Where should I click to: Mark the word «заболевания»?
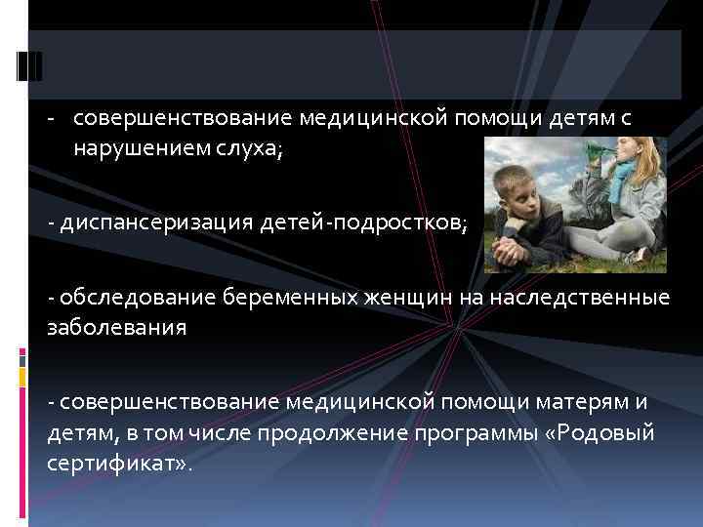(116, 328)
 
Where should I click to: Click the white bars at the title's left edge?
(30, 64)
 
